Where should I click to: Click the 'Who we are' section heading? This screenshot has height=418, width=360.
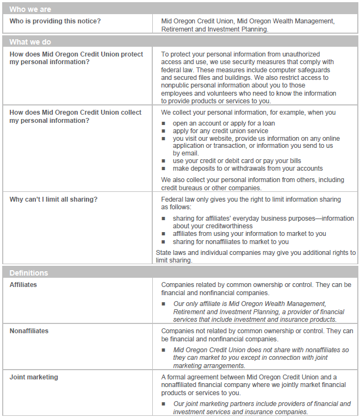tap(30, 9)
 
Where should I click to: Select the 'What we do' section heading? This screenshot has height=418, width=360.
tap(30, 42)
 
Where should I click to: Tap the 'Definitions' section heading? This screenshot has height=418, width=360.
tap(29, 273)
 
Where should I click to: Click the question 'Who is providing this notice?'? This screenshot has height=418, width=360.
tap(55, 21)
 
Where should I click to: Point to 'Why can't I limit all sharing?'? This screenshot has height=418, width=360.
tap(53, 199)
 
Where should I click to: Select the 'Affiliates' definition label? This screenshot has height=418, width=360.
tap(23, 284)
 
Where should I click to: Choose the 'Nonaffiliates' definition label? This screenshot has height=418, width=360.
tap(29, 331)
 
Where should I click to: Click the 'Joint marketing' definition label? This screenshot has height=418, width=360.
tap(34, 377)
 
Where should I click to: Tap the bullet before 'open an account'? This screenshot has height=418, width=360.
tap(164, 123)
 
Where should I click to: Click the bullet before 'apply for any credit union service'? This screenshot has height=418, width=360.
tap(164, 131)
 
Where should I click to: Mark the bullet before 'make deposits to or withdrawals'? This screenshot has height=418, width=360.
tap(164, 169)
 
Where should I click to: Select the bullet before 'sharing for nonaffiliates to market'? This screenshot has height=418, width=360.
tap(164, 242)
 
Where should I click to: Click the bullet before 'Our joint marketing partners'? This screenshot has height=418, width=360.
tap(164, 404)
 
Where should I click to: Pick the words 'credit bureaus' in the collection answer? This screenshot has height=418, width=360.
tap(183, 188)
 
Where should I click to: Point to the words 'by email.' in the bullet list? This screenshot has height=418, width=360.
tap(186, 153)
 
